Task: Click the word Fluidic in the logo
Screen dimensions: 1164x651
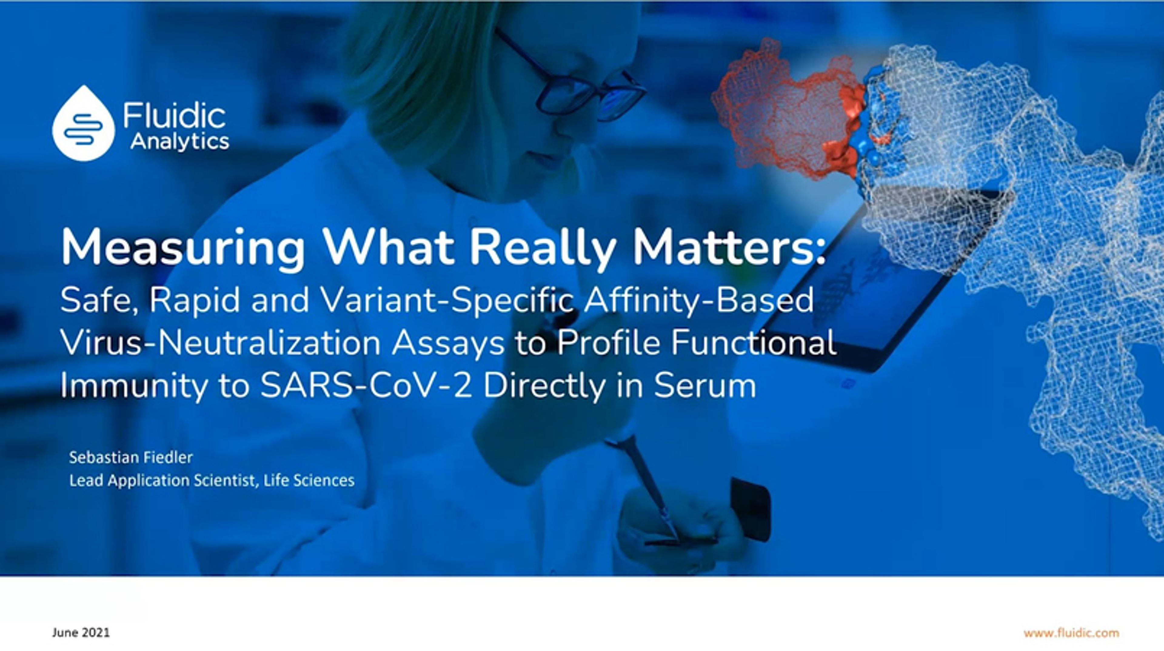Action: pos(174,116)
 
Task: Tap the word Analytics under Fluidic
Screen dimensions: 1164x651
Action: pos(180,142)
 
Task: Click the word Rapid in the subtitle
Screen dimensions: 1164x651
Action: pos(194,300)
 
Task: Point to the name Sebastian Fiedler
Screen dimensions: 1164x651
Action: pos(131,458)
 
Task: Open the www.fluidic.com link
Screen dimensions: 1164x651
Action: pos(1071,633)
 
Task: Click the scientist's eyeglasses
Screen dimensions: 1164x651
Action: pos(569,79)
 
